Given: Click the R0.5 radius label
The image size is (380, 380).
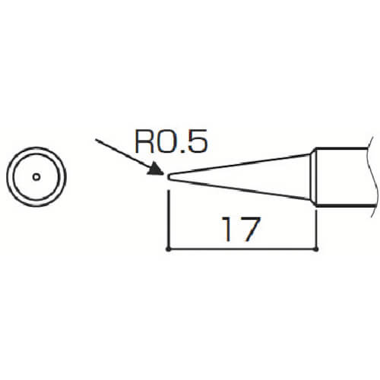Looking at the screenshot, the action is click(x=172, y=141).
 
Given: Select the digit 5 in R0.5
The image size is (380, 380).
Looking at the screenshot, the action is click(x=198, y=141).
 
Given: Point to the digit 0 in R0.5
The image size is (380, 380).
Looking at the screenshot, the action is click(x=166, y=141).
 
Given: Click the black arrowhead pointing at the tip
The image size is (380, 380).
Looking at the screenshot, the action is click(x=155, y=169).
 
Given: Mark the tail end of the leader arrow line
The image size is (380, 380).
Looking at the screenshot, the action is click(x=96, y=139).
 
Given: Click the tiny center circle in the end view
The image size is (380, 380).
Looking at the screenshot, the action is click(x=36, y=177).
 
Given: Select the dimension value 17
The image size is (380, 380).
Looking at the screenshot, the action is click(x=241, y=229).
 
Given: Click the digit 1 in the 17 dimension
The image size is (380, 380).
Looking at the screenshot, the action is click(x=227, y=229).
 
